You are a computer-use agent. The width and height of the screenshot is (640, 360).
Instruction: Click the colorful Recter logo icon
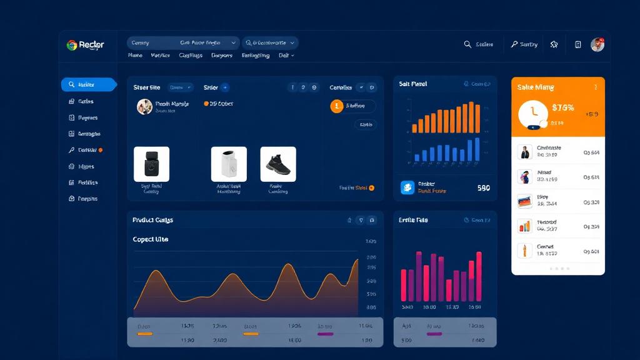pos(72,45)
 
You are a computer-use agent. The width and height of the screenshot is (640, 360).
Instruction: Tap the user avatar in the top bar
pos(597,44)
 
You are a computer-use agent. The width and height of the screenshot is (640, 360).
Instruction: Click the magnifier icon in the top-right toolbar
pos(467,44)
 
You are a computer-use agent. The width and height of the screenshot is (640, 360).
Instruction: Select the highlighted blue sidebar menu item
pos(88,84)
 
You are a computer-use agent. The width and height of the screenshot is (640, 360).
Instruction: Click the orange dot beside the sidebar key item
pos(101,150)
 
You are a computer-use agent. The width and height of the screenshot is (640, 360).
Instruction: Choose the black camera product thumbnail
pos(151,164)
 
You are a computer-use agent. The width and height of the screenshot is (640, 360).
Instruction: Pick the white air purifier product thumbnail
pos(229,164)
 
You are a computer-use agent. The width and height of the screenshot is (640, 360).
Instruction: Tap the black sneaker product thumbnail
pos(277,164)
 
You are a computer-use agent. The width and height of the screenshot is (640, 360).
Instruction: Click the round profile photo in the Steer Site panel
pos(144,106)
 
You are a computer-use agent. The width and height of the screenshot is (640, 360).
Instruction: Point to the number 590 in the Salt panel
pos(483,187)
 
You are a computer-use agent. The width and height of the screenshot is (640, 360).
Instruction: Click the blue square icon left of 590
pos(407,187)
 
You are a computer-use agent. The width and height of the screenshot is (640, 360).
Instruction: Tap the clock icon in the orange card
pos(533,113)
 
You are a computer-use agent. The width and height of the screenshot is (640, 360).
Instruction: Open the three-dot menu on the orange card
pos(595,87)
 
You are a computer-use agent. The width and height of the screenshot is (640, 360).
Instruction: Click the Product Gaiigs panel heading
pos(152,220)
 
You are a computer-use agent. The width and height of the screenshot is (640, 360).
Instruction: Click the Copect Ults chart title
pos(150,239)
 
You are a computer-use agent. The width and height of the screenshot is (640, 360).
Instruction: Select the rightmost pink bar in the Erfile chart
pos(479,276)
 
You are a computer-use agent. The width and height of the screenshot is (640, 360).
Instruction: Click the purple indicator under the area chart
pos(325,334)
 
